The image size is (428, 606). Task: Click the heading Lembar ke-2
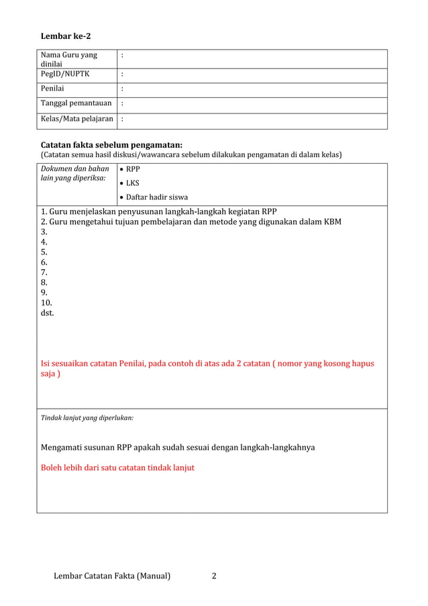click(x=66, y=35)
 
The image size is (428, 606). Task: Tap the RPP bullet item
click(x=132, y=169)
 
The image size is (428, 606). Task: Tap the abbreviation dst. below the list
click(x=48, y=313)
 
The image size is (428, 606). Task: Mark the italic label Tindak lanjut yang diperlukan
click(x=87, y=417)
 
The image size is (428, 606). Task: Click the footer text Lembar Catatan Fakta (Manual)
click(x=112, y=576)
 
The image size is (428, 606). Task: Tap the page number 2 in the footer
click(x=214, y=576)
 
